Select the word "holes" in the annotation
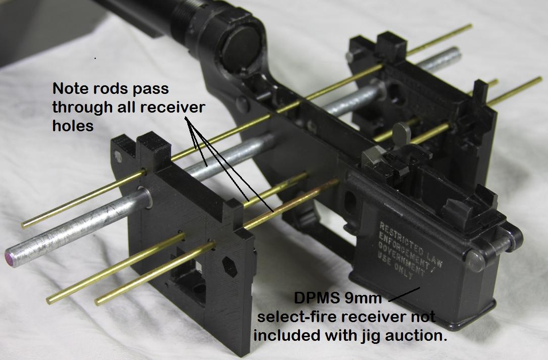coord(73,126)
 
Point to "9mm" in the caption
coord(364,298)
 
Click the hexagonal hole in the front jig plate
coord(230,266)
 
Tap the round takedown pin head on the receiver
coord(476,261)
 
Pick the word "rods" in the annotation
coord(110,89)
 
